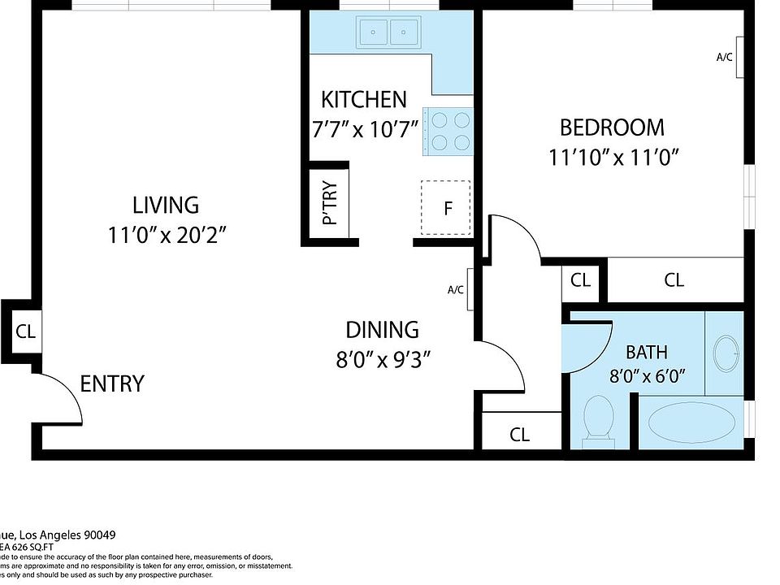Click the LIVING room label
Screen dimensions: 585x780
pyautogui.click(x=166, y=205)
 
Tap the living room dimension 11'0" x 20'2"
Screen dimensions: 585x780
pyautogui.click(x=166, y=236)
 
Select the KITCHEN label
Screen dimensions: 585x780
pyautogui.click(x=363, y=100)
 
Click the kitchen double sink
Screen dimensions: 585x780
pyautogui.click(x=388, y=32)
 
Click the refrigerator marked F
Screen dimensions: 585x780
pyautogui.click(x=446, y=208)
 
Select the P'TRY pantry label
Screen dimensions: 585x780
pyautogui.click(x=330, y=204)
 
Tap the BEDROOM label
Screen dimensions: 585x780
pyautogui.click(x=612, y=128)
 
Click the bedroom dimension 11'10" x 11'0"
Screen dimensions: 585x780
pyautogui.click(x=612, y=157)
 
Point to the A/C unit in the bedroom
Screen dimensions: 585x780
pyautogui.click(x=739, y=57)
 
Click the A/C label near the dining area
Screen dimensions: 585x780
pyautogui.click(x=455, y=289)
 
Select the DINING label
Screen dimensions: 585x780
pyautogui.click(x=382, y=330)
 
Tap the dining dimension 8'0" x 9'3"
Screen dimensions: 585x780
pyautogui.click(x=382, y=359)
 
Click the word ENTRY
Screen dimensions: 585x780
pyautogui.click(x=112, y=383)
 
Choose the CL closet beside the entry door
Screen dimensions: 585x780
pyautogui.click(x=25, y=331)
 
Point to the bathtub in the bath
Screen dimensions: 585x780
pyautogui.click(x=691, y=422)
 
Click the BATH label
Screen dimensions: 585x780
pyautogui.click(x=647, y=353)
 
